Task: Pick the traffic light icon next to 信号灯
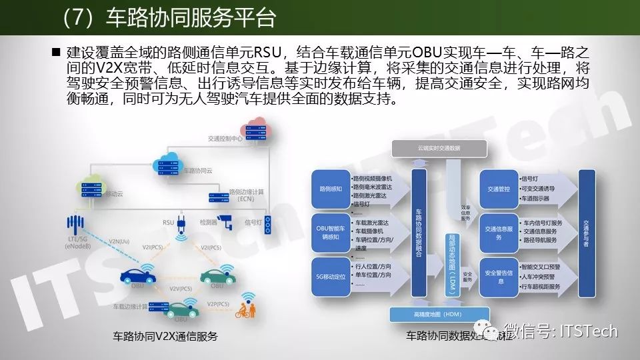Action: click(268, 223)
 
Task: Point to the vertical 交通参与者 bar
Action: click(587, 234)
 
